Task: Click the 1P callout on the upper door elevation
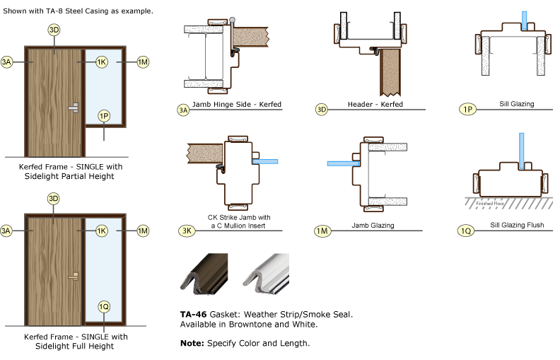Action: (x=104, y=115)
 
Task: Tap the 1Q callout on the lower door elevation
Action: (x=104, y=306)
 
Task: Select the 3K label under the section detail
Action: (x=186, y=231)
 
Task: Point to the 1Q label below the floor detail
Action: (x=467, y=231)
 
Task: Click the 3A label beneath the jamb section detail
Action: (x=184, y=110)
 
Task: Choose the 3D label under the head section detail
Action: (x=322, y=110)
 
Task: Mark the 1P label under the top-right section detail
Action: (x=467, y=110)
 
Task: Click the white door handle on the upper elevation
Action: (x=74, y=107)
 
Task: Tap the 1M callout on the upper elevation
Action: (x=142, y=62)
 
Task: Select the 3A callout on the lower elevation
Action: (x=7, y=231)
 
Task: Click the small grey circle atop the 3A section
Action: (x=232, y=20)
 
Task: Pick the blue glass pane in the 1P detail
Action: (x=524, y=20)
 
